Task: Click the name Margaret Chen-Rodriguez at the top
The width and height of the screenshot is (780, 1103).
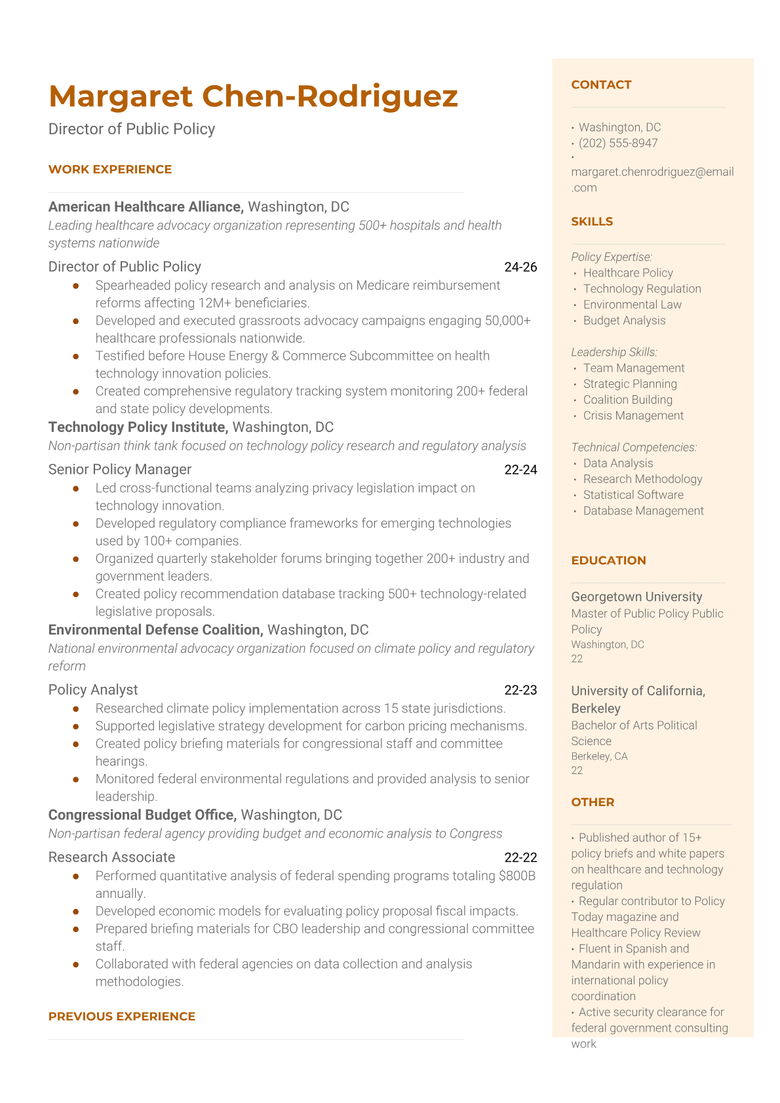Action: click(x=253, y=96)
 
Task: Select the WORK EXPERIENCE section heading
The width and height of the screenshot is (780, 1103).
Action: click(x=110, y=169)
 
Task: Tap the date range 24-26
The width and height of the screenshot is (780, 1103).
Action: click(x=520, y=267)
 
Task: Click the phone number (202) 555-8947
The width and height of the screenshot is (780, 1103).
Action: click(x=618, y=143)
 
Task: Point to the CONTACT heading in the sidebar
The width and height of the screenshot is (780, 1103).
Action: click(x=601, y=85)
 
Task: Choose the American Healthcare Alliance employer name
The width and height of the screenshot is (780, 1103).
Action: click(x=146, y=206)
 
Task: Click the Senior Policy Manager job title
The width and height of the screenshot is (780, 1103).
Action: click(x=120, y=469)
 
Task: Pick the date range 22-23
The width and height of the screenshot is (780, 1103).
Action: click(x=520, y=689)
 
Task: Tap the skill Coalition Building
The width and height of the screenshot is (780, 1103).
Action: click(x=627, y=400)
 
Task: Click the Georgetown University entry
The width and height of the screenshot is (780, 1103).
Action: click(x=636, y=597)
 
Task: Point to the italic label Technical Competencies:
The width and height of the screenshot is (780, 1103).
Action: click(x=634, y=447)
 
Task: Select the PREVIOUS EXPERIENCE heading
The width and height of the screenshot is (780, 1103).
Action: click(x=122, y=1016)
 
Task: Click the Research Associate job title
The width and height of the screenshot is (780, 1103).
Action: click(x=111, y=857)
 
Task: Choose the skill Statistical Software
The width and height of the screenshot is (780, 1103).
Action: click(x=633, y=495)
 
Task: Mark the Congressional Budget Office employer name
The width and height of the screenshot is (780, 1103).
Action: click(x=142, y=815)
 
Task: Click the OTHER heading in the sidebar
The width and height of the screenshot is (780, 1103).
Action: click(x=593, y=802)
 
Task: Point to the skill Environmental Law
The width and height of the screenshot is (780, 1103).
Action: click(x=632, y=305)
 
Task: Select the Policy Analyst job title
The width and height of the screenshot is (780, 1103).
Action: click(x=93, y=689)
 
